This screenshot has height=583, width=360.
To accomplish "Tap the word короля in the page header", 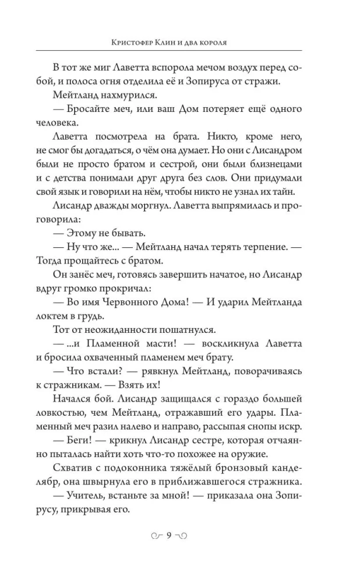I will [x=226, y=43].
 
